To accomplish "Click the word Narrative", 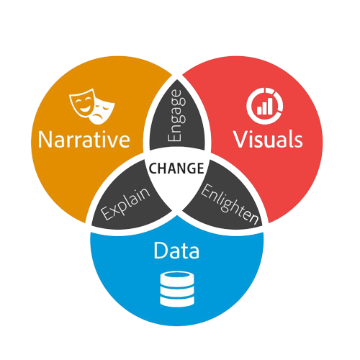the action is tap(84, 139).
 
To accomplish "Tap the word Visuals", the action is tap(268, 139).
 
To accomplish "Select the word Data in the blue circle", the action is tap(176, 251).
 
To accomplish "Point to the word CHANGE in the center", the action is tap(176, 168).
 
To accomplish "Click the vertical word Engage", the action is tap(177, 116).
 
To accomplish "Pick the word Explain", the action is tap(125, 204).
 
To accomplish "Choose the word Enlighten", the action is tap(230, 204).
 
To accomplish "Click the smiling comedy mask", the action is tap(82, 102).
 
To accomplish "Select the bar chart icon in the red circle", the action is tap(265, 106).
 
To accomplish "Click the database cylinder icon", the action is tap(177, 289).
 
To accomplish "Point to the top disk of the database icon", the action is tap(177, 278).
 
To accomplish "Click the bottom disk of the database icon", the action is tap(177, 302).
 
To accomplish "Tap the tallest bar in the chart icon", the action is tap(270, 106).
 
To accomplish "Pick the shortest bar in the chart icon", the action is tap(259, 110).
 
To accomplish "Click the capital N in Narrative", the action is tap(44, 140).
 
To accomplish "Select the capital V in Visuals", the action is tap(240, 139).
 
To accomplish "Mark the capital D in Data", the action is tap(161, 251).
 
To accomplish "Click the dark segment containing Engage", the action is tap(177, 115).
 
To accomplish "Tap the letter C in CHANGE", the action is tap(153, 168).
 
